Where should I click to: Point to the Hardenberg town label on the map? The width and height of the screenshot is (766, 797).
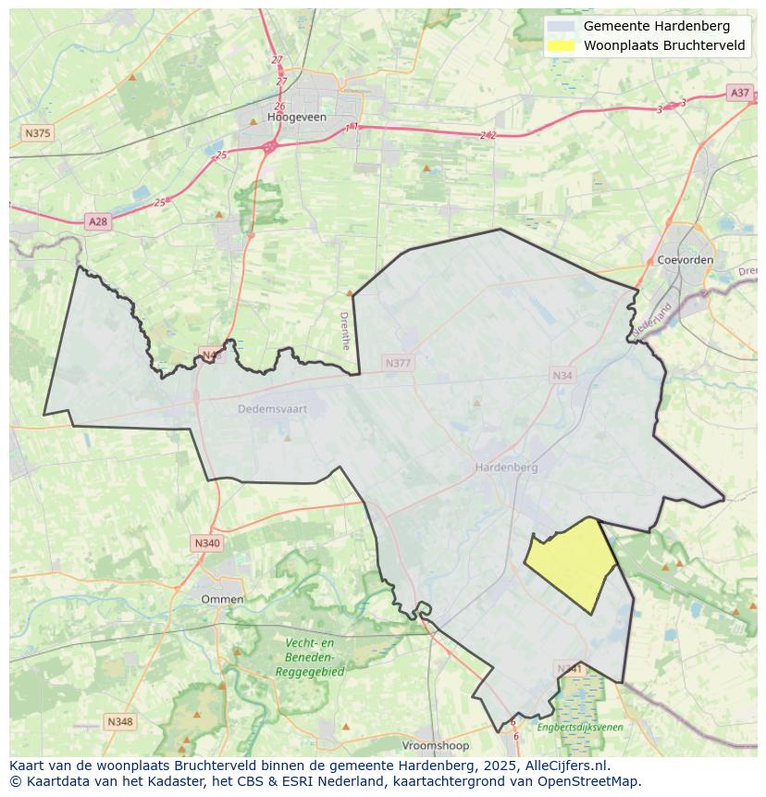(506, 467)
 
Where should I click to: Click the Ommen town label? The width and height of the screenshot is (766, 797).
(222, 599)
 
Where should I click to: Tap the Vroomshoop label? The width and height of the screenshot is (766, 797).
(436, 745)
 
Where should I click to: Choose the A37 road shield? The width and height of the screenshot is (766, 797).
(739, 93)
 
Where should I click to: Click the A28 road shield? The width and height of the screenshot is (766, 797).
(97, 221)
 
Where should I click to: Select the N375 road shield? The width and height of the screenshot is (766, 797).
(37, 133)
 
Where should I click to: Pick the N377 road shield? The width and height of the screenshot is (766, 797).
(398, 363)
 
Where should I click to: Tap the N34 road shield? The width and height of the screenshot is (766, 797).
(562, 375)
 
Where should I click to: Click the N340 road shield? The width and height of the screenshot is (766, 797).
(207, 543)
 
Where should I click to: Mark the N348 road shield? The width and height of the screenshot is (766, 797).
(119, 721)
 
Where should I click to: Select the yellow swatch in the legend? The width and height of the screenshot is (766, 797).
(561, 45)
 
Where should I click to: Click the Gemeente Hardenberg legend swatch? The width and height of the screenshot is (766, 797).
(561, 26)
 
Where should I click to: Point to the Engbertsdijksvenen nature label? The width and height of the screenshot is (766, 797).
(580, 728)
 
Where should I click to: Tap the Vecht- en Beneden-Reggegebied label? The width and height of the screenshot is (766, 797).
(310, 657)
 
